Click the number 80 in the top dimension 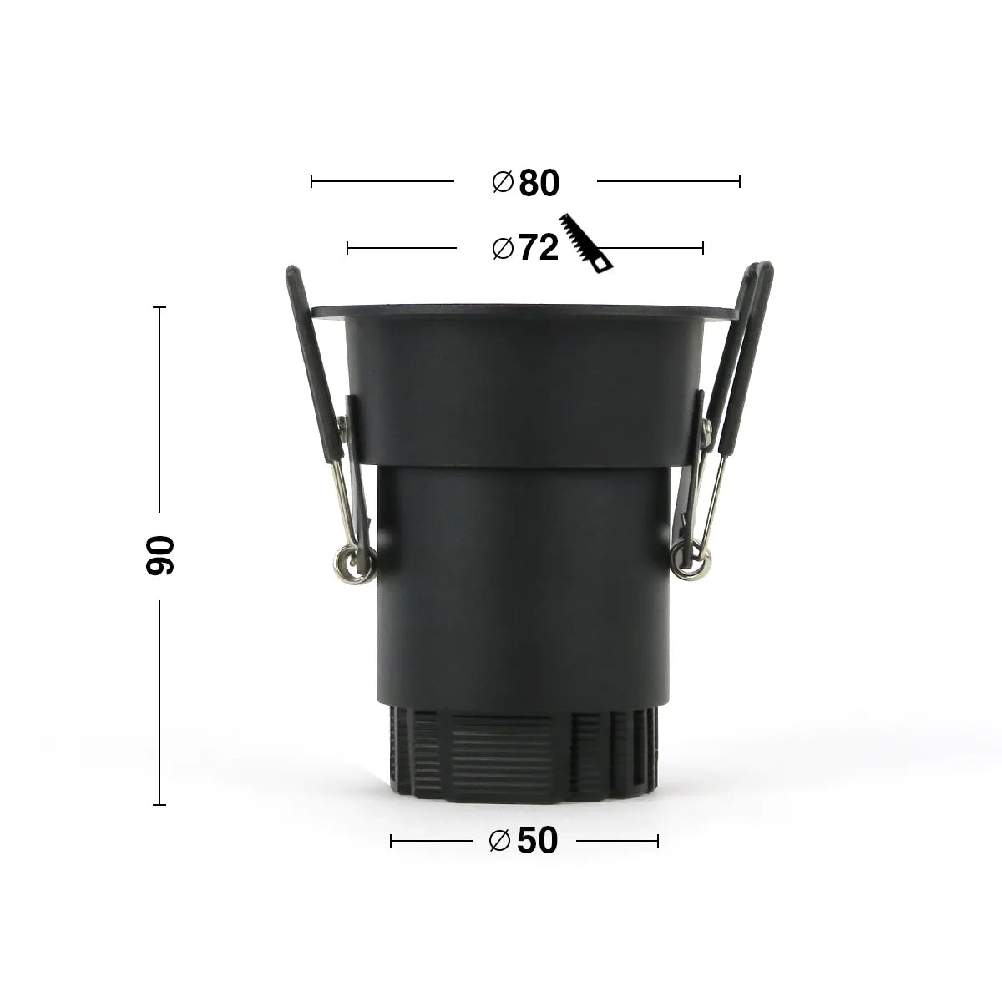coord(539,183)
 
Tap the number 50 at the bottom coord(537,841)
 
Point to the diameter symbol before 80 coord(503,182)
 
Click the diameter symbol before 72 coord(503,248)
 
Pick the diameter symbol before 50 coord(500,841)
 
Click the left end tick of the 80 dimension coord(311,180)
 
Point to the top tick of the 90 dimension coord(160,308)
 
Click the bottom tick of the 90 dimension coord(160,805)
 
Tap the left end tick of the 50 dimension coord(391,841)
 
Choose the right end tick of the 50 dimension coord(658,841)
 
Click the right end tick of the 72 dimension coord(703,247)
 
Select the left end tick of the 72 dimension coord(347,247)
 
